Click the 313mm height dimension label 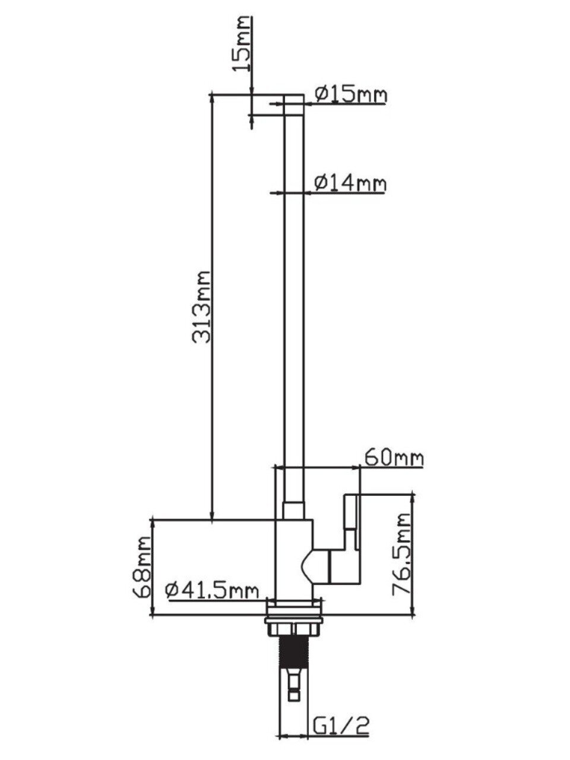pyautogui.click(x=201, y=307)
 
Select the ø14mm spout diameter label pyautogui.click(x=350, y=183)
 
